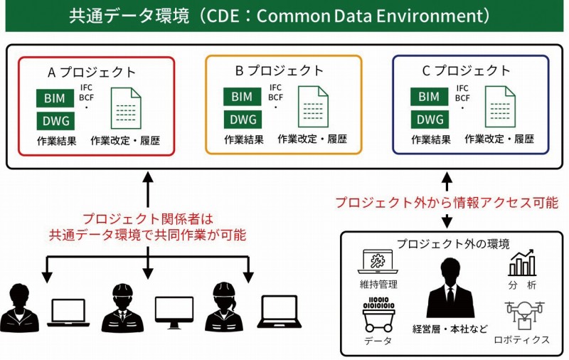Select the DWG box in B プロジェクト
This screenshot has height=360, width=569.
242,119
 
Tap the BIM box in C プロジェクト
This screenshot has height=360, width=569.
429,97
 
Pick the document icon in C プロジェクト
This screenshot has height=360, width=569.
500,107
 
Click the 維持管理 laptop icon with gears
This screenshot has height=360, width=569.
378,263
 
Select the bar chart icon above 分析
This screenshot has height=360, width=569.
522,263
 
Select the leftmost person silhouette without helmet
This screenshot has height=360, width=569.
21,309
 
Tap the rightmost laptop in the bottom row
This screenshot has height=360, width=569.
277,312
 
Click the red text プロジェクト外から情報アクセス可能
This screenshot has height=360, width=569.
446,203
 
